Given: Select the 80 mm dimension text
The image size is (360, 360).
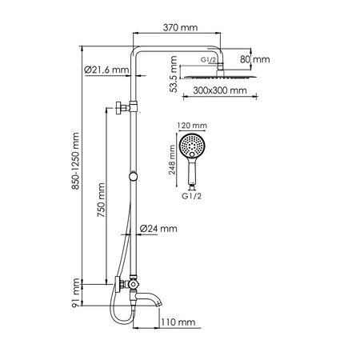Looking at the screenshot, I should [260, 59].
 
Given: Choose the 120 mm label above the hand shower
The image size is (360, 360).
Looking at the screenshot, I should [194, 126].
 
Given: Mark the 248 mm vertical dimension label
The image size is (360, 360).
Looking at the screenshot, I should [170, 158].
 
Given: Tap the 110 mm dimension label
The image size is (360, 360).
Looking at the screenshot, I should [178, 322].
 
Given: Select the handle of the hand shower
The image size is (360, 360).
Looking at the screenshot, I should [193, 175].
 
